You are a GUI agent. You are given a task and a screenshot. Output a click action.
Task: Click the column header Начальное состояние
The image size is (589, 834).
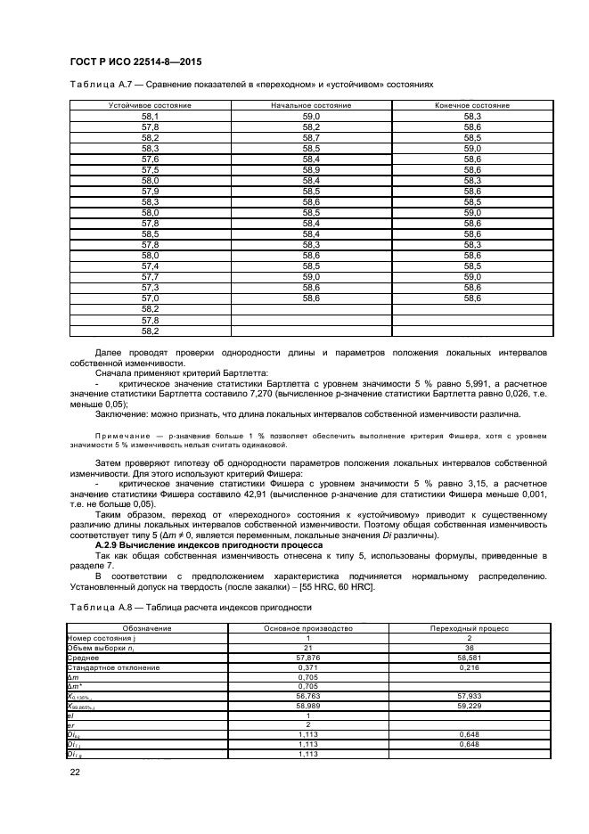click(x=311, y=105)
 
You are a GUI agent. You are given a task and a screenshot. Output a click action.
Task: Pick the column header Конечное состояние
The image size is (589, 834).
click(x=472, y=105)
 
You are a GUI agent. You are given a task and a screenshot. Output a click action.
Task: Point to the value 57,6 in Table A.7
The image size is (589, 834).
click(x=150, y=159)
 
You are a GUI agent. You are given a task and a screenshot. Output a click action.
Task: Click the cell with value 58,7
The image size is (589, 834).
click(x=311, y=137)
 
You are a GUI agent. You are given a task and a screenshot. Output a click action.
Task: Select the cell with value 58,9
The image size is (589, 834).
click(x=311, y=169)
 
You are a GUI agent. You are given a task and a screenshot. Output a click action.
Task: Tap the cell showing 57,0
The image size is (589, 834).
click(x=150, y=298)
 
